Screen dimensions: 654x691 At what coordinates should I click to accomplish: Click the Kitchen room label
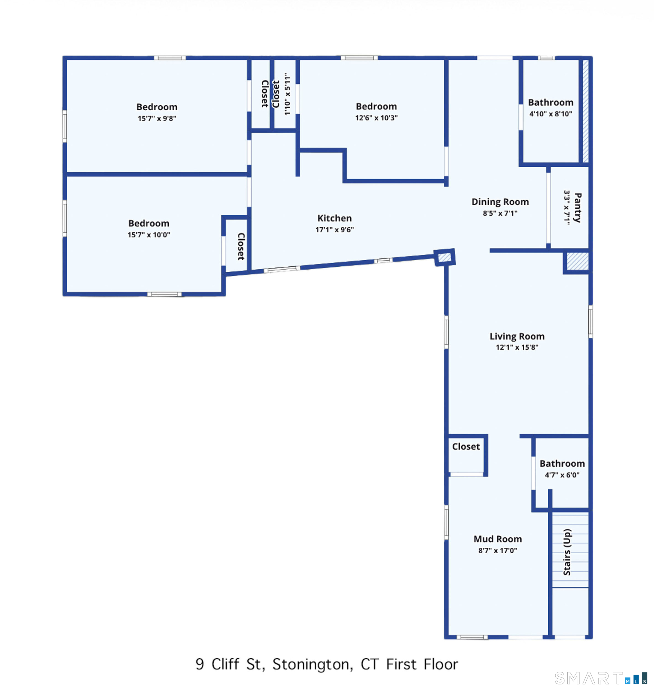[x=334, y=218]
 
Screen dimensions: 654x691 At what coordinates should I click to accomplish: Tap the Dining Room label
[x=500, y=202]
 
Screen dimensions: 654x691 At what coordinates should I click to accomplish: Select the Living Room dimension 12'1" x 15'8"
[x=517, y=347]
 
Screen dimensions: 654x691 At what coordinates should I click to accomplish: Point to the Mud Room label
[x=498, y=539]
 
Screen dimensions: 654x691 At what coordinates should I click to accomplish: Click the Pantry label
[x=578, y=208]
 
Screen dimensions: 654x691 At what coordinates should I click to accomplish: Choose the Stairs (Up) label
[x=567, y=552]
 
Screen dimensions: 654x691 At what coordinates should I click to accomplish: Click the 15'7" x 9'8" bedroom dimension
[x=157, y=118]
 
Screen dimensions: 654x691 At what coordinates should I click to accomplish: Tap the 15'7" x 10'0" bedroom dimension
[x=149, y=235]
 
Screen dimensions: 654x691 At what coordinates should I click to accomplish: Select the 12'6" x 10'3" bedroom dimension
[x=376, y=118]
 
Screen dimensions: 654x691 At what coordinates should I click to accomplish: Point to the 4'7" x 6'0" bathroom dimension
[x=562, y=475]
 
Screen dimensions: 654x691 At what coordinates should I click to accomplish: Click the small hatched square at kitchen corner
[x=445, y=258]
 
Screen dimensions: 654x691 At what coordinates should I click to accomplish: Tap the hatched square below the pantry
[x=578, y=261]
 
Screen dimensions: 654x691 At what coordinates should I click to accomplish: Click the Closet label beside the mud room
[x=466, y=446]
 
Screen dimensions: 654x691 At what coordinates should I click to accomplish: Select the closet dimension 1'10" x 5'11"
[x=287, y=94]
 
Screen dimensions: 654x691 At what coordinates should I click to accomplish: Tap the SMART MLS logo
[x=601, y=678]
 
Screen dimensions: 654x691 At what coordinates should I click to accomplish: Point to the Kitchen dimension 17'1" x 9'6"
[x=334, y=230]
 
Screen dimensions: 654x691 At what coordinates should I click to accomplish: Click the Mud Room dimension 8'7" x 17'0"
[x=498, y=550]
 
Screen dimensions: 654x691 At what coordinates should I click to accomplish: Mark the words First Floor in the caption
[x=422, y=664]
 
